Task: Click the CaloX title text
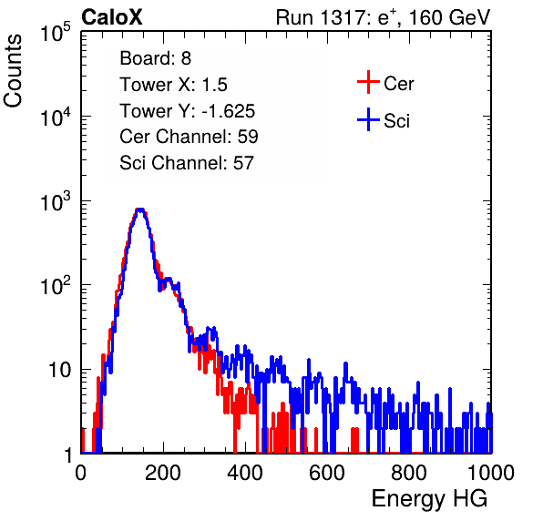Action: tap(112, 17)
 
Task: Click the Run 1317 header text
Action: tap(383, 17)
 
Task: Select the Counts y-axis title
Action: tap(13, 70)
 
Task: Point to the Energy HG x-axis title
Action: tap(429, 498)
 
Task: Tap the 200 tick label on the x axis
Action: tap(163, 473)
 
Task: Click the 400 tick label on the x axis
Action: tap(245, 473)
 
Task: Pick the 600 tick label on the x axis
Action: tap(327, 473)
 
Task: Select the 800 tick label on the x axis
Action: tap(409, 473)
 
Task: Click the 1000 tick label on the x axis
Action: tap(491, 473)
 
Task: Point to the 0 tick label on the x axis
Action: tap(81, 473)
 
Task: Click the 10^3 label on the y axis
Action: tap(56, 201)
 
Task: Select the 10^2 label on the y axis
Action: tap(56, 286)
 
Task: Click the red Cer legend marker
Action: tap(368, 82)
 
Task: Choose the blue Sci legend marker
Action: tap(368, 120)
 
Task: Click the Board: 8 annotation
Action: tap(156, 58)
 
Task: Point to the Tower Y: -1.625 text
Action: tap(188, 111)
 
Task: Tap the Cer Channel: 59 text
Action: tap(189, 137)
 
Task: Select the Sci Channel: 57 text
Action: tap(187, 163)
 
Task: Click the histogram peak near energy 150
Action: tap(139, 209)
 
